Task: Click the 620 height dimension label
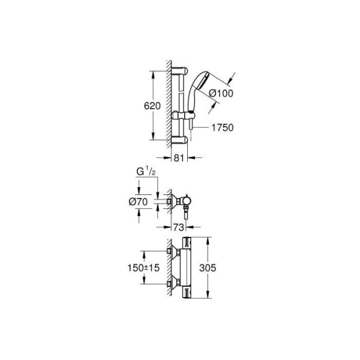point(152,106)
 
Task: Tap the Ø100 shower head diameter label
point(221,93)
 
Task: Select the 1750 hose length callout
point(222,128)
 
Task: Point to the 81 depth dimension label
point(179,158)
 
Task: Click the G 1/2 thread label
point(146,172)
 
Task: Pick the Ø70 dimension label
point(138,202)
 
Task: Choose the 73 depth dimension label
point(178,227)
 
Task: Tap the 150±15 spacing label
point(143,268)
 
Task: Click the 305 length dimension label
point(208,268)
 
